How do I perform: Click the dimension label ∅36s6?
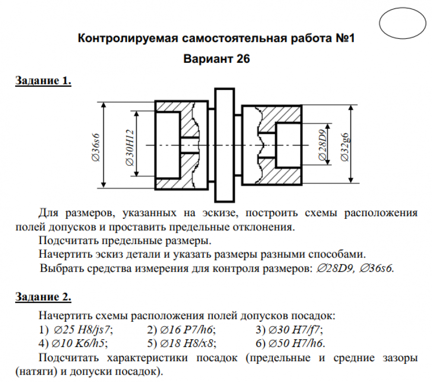tap(96, 146)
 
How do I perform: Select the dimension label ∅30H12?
tap(130, 146)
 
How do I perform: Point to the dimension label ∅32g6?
tap(345, 146)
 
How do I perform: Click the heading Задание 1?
tap(43, 80)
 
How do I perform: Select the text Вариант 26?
tap(216, 59)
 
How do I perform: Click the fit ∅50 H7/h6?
tap(296, 344)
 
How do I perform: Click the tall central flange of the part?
tap(225, 145)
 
